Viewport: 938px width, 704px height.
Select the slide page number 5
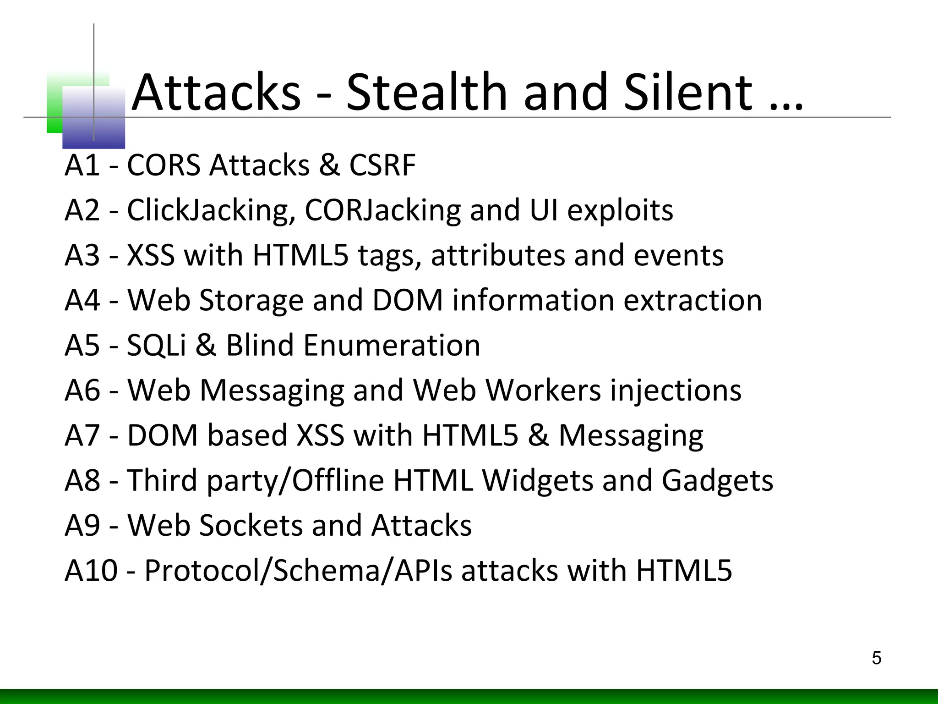(876, 658)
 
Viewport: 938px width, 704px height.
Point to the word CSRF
(382, 165)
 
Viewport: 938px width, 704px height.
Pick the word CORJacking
(383, 211)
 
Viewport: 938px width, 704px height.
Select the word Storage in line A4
(251, 300)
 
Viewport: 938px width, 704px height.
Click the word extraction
(693, 300)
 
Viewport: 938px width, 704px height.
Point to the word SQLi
(156, 345)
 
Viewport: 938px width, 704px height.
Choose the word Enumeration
(392, 345)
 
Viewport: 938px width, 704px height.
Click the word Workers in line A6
(543, 390)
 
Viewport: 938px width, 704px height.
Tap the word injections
(676, 391)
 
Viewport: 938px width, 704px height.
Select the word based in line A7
(247, 435)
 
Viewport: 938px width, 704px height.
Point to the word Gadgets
(717, 481)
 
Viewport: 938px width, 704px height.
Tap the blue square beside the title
(93, 118)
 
